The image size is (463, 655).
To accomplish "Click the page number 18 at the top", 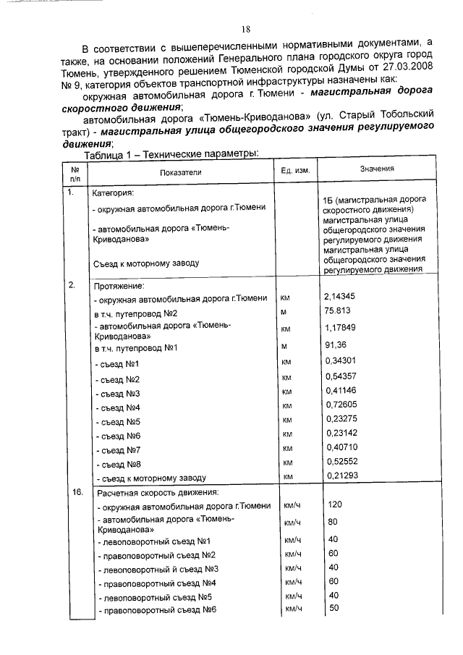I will pyautogui.click(x=245, y=29).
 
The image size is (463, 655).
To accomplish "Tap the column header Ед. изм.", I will pyautogui.click(x=294, y=171).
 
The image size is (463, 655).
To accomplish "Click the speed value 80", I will pyautogui.click(x=332, y=521).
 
